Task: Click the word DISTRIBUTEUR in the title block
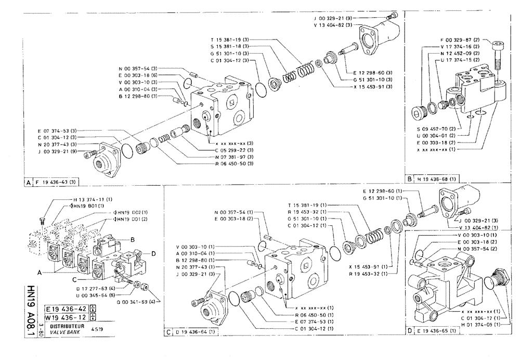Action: click(x=62, y=326)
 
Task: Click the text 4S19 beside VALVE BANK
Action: click(x=97, y=330)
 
